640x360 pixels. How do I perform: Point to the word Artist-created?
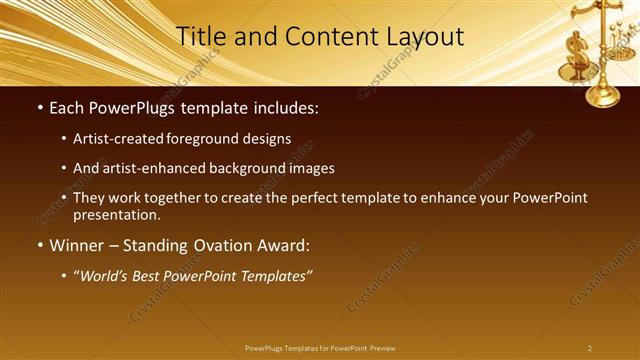point(127,138)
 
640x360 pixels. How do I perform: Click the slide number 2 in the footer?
point(590,348)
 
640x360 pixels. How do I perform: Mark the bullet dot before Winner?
point(39,246)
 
